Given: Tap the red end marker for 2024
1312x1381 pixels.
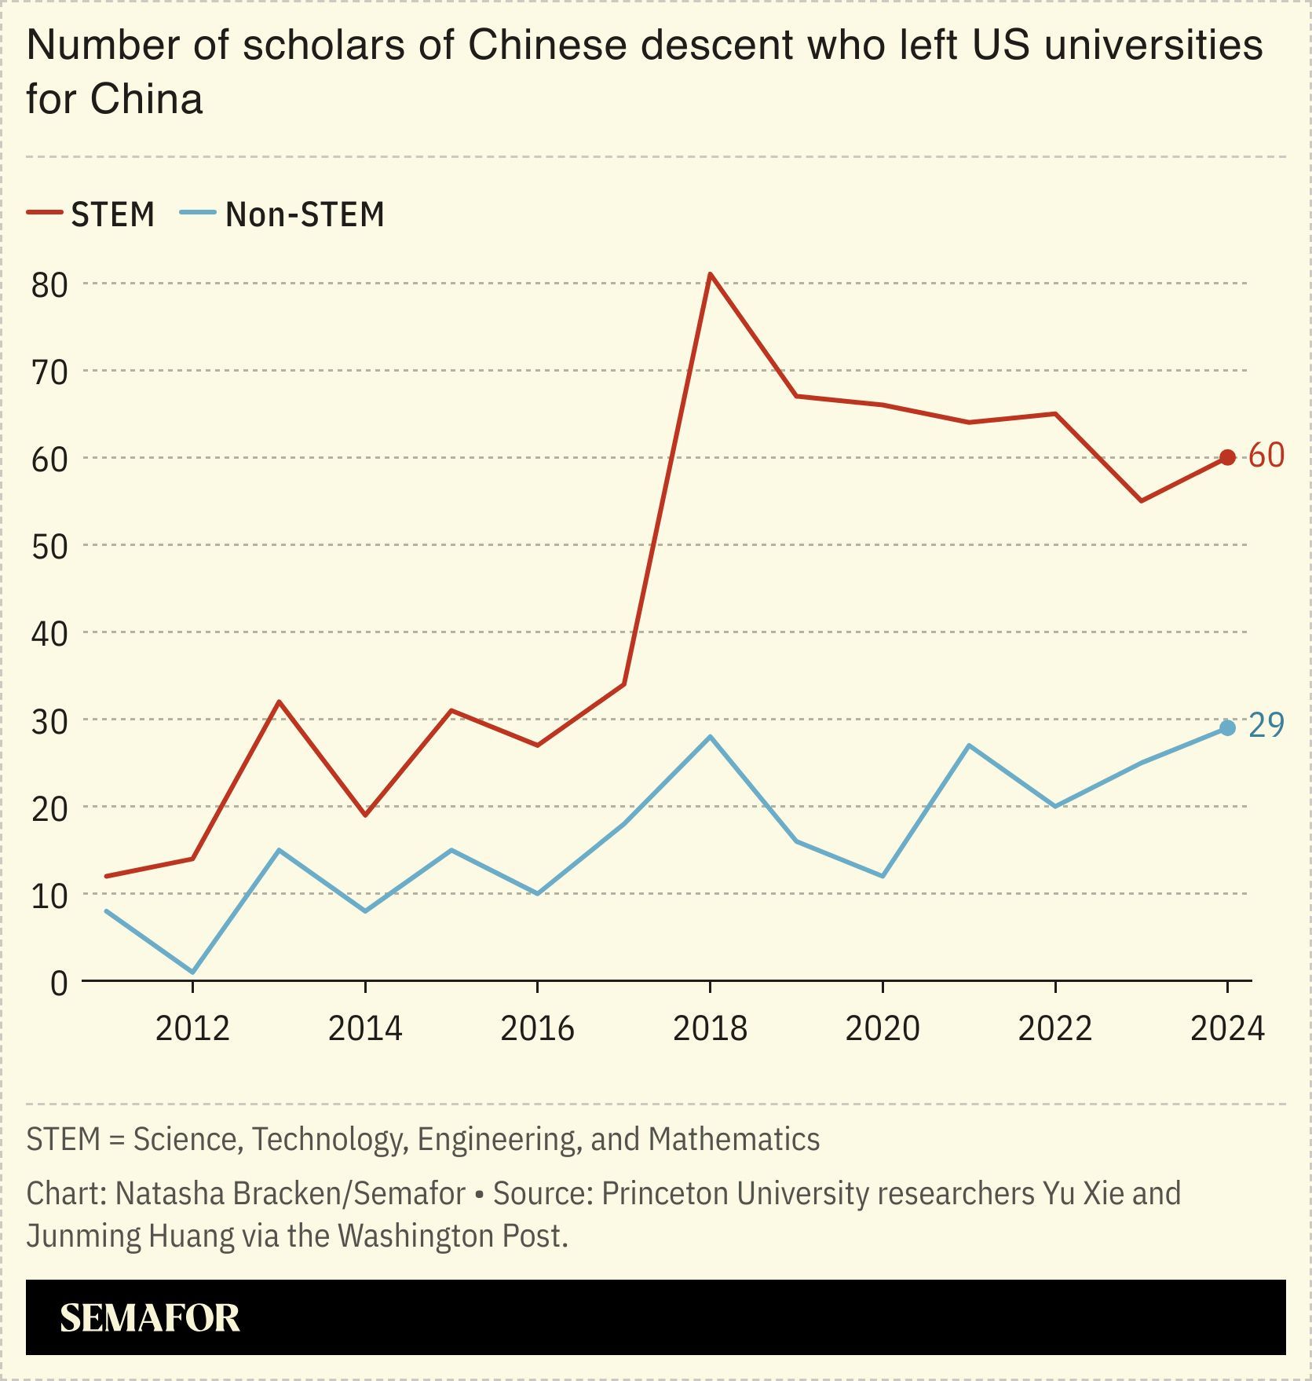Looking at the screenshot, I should tap(1227, 457).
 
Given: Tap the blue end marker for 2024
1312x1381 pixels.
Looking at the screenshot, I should tap(1227, 728).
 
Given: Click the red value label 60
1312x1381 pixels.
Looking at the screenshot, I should tap(1266, 456).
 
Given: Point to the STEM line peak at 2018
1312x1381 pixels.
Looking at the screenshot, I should tap(710, 274).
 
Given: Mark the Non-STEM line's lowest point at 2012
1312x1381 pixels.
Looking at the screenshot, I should tap(192, 973).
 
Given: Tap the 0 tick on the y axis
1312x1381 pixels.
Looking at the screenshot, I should tap(59, 983).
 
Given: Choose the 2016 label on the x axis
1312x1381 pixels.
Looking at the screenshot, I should tap(537, 1028).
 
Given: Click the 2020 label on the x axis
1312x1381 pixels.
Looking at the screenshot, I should tap(882, 1028).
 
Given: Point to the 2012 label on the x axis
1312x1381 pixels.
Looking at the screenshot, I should tap(192, 1028).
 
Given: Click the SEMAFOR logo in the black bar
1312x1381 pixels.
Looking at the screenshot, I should tap(149, 1318).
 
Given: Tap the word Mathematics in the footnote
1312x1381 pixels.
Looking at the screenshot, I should tap(734, 1139).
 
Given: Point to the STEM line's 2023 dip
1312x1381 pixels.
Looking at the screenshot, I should tap(1141, 500).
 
